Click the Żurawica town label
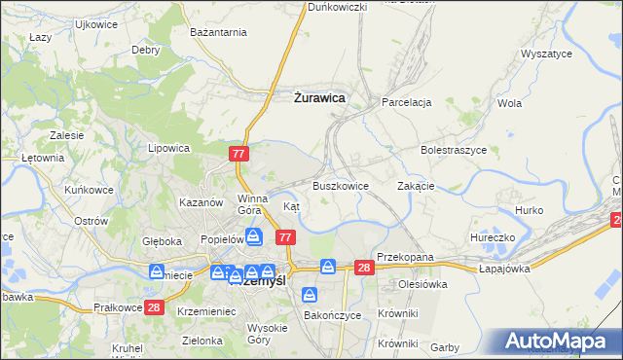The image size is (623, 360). (318, 97)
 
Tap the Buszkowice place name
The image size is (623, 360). (340, 186)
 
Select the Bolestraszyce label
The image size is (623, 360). (453, 151)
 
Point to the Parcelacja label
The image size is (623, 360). (407, 102)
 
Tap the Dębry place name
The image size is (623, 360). (146, 50)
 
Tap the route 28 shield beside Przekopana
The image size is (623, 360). (364, 268)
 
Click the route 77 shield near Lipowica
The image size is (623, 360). (239, 154)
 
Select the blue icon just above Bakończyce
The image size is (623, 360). (310, 294)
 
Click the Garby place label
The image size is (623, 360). (444, 347)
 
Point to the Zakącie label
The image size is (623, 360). (416, 186)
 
